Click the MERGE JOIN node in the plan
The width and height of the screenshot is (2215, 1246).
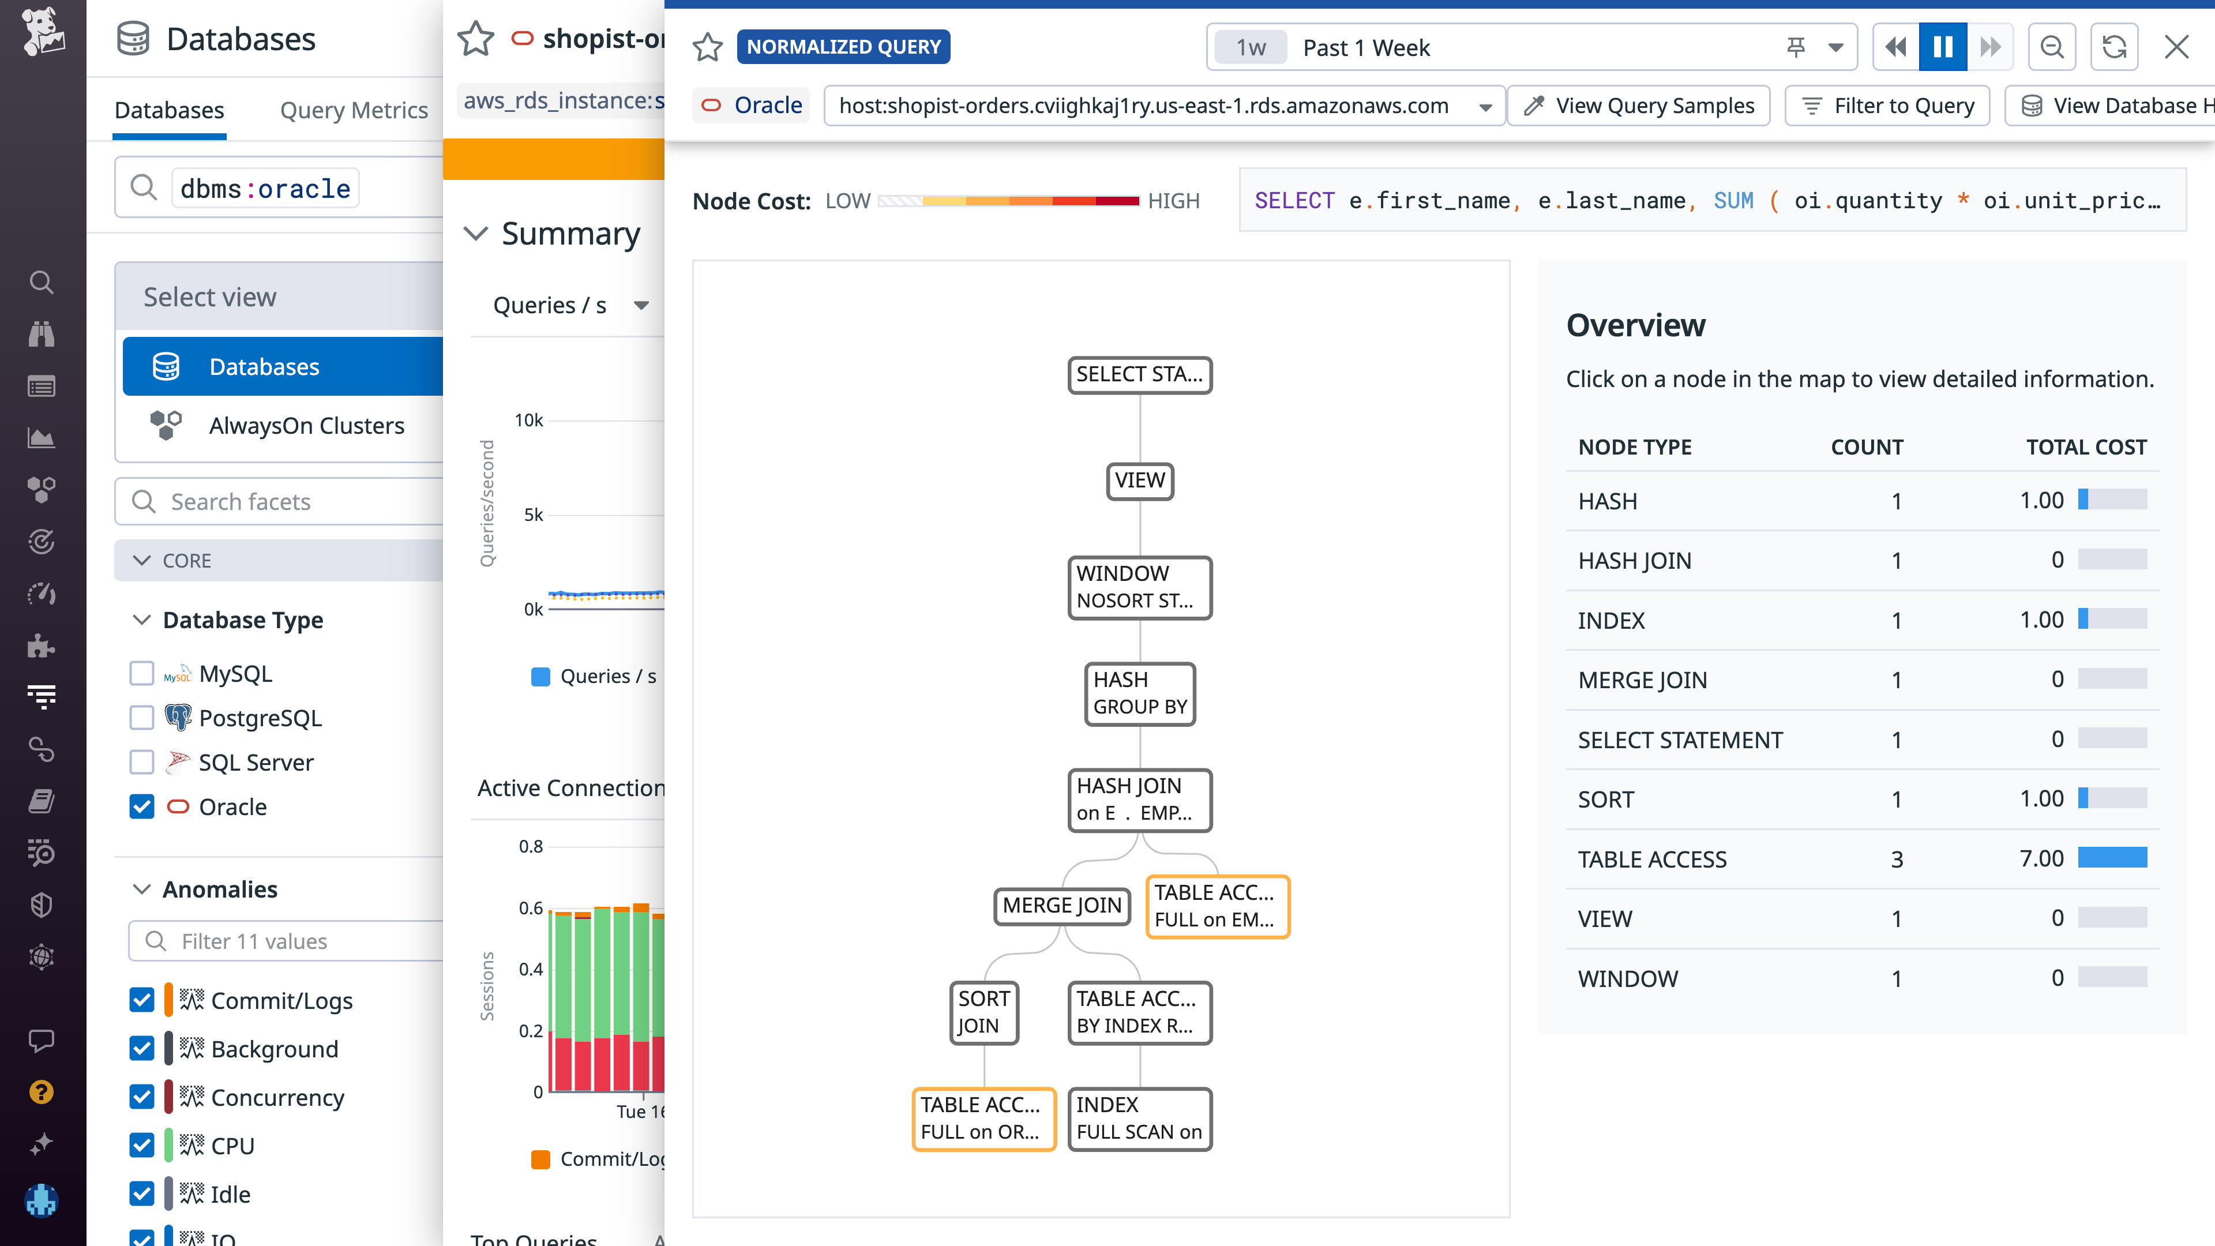tap(1061, 906)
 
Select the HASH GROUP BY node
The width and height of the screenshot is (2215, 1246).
tap(1139, 693)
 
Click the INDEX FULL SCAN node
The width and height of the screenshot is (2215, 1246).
tap(1139, 1118)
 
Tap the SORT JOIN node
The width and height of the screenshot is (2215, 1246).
tap(983, 1012)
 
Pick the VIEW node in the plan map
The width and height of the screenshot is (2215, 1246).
tap(1139, 480)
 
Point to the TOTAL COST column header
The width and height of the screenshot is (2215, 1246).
tap(2085, 447)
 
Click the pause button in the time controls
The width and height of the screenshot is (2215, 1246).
tap(1942, 47)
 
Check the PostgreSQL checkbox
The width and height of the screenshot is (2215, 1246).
tap(142, 718)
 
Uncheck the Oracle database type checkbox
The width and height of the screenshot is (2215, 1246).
tap(142, 806)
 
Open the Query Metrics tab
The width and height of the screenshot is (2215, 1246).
tap(354, 110)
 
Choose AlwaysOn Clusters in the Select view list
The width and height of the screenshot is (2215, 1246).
tap(306, 426)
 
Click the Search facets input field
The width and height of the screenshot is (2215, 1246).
tap(292, 501)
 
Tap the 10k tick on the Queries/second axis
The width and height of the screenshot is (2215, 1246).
tap(529, 421)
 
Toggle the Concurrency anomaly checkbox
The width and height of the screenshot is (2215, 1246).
tap(142, 1097)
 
